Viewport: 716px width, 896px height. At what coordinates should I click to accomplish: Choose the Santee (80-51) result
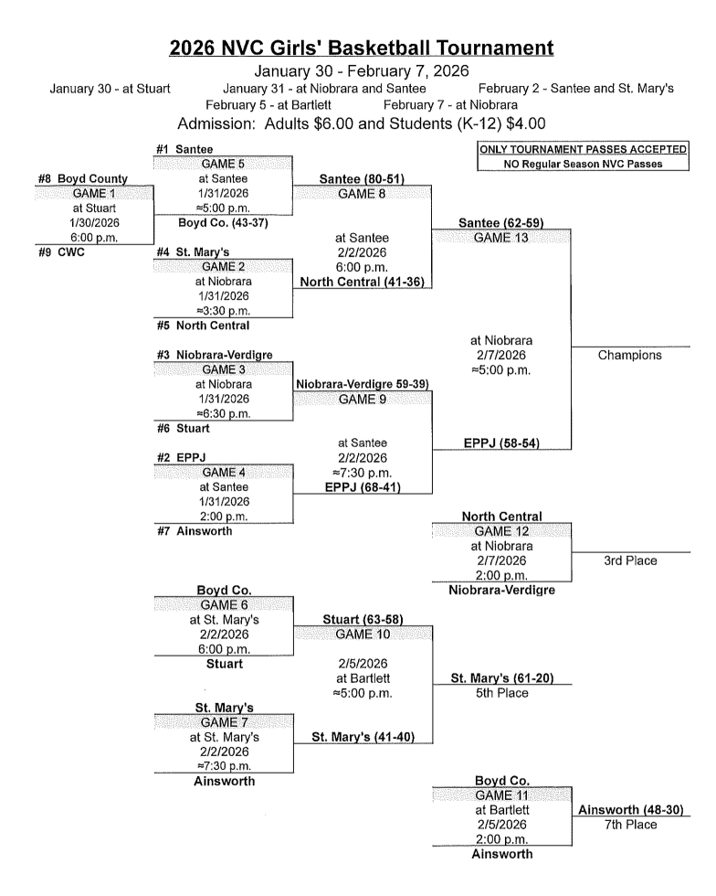361,179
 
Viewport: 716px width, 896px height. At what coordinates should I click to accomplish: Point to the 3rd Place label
630,560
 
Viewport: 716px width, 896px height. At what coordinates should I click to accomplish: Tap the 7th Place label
630,825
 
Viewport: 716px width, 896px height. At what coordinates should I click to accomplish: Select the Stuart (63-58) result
361,620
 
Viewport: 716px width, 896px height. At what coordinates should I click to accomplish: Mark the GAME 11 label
499,795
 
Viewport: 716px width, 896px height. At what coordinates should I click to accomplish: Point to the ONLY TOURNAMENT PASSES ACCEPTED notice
583,150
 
